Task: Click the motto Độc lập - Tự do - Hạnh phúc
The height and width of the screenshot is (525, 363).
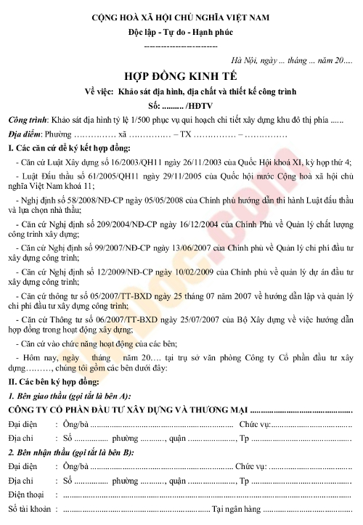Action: [181, 33]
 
